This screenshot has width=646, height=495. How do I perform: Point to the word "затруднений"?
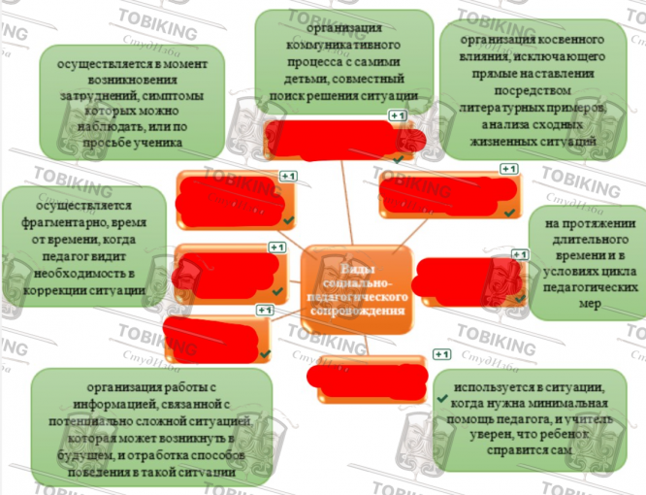(93, 96)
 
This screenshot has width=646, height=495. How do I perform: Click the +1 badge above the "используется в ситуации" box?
(442, 354)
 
